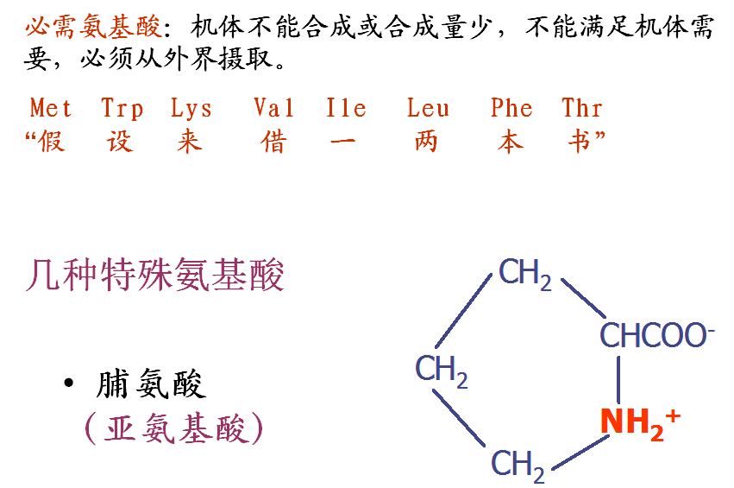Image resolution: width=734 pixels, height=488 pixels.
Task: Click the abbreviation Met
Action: (x=51, y=109)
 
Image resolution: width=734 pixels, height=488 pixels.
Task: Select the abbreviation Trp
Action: (x=122, y=109)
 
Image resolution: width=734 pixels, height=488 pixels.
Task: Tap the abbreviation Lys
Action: (x=191, y=109)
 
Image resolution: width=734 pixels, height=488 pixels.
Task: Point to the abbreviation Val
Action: (x=273, y=109)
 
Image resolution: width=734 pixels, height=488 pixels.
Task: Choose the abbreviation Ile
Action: (x=347, y=109)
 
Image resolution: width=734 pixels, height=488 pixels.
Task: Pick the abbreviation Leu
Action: (x=429, y=109)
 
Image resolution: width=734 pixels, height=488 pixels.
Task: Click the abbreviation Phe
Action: (x=511, y=109)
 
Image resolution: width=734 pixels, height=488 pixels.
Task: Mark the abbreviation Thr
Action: (x=582, y=109)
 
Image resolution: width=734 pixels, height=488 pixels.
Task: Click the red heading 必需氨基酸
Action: (x=92, y=27)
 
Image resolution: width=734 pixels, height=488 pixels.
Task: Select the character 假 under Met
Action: (x=51, y=141)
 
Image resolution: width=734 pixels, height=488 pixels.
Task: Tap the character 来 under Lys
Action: (x=189, y=141)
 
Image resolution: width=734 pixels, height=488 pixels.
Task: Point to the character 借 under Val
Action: (x=273, y=141)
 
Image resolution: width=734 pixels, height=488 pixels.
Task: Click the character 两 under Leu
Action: (x=426, y=141)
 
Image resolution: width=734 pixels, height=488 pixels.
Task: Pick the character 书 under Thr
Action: (x=579, y=141)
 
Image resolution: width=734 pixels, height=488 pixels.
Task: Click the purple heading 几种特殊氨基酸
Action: (x=155, y=276)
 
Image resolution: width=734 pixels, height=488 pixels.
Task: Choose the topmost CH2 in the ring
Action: (x=524, y=275)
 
